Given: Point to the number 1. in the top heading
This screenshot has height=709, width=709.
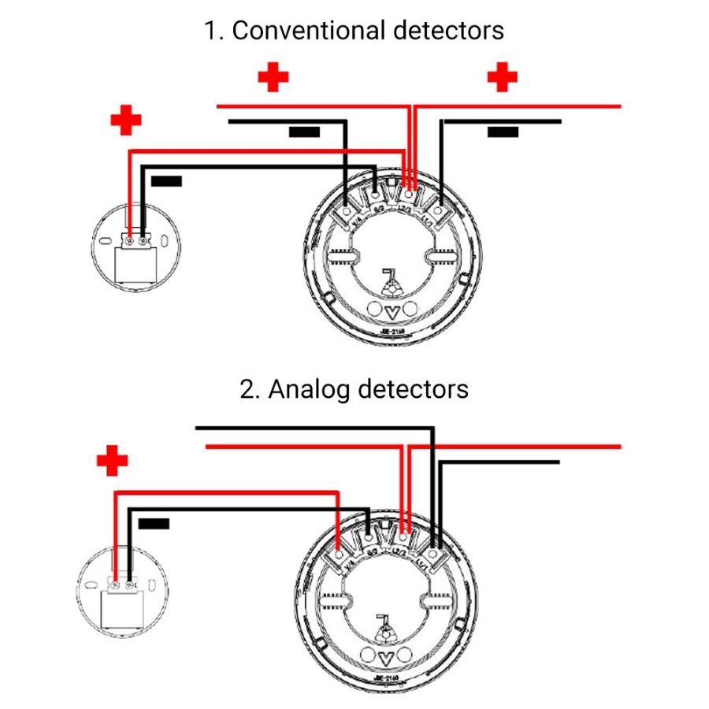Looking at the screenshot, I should click(213, 31).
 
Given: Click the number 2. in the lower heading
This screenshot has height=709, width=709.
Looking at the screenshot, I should click(250, 388).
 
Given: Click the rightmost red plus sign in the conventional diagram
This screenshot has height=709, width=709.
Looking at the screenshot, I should click(502, 77).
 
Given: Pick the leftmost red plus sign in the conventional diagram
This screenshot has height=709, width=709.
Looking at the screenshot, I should click(125, 120).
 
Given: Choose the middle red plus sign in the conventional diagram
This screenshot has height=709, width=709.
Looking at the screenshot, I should click(273, 77).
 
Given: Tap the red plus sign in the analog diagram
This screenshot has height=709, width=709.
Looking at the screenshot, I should click(112, 461).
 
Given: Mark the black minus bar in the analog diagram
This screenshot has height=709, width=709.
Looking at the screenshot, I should click(154, 522).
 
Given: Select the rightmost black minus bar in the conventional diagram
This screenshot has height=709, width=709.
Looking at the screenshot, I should click(503, 132).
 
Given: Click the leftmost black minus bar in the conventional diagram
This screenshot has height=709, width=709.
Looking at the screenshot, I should click(166, 181).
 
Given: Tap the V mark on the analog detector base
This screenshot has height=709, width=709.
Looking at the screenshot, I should click(386, 657).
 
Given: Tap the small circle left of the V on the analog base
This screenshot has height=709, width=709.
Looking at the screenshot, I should click(368, 655).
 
